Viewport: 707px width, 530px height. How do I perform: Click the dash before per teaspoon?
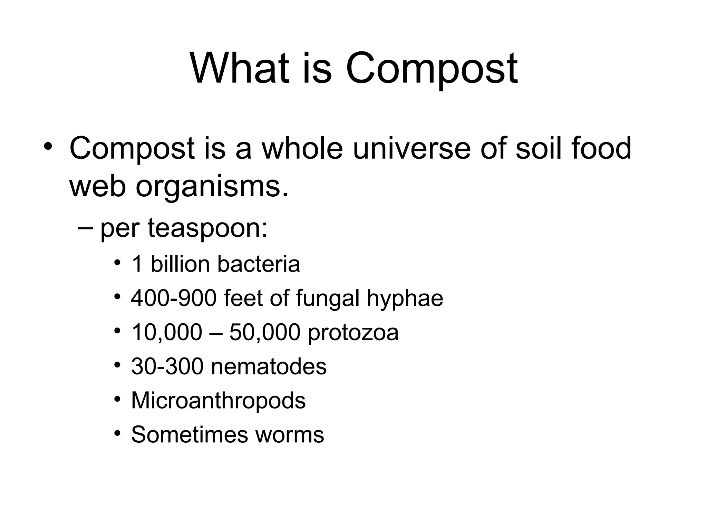(x=85, y=227)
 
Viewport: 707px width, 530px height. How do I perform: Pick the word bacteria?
(x=259, y=264)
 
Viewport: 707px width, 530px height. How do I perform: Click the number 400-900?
(x=174, y=298)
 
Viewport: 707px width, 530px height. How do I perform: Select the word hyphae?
(x=405, y=299)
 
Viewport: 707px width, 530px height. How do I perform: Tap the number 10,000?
(x=166, y=333)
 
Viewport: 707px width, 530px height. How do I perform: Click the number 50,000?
(x=264, y=333)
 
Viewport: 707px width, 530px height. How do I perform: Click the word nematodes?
(x=269, y=366)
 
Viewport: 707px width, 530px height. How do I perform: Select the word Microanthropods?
(x=218, y=401)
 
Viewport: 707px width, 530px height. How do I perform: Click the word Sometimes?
(x=190, y=435)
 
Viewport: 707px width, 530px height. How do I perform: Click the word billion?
(x=180, y=264)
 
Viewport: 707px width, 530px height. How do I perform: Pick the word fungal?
(x=327, y=299)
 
